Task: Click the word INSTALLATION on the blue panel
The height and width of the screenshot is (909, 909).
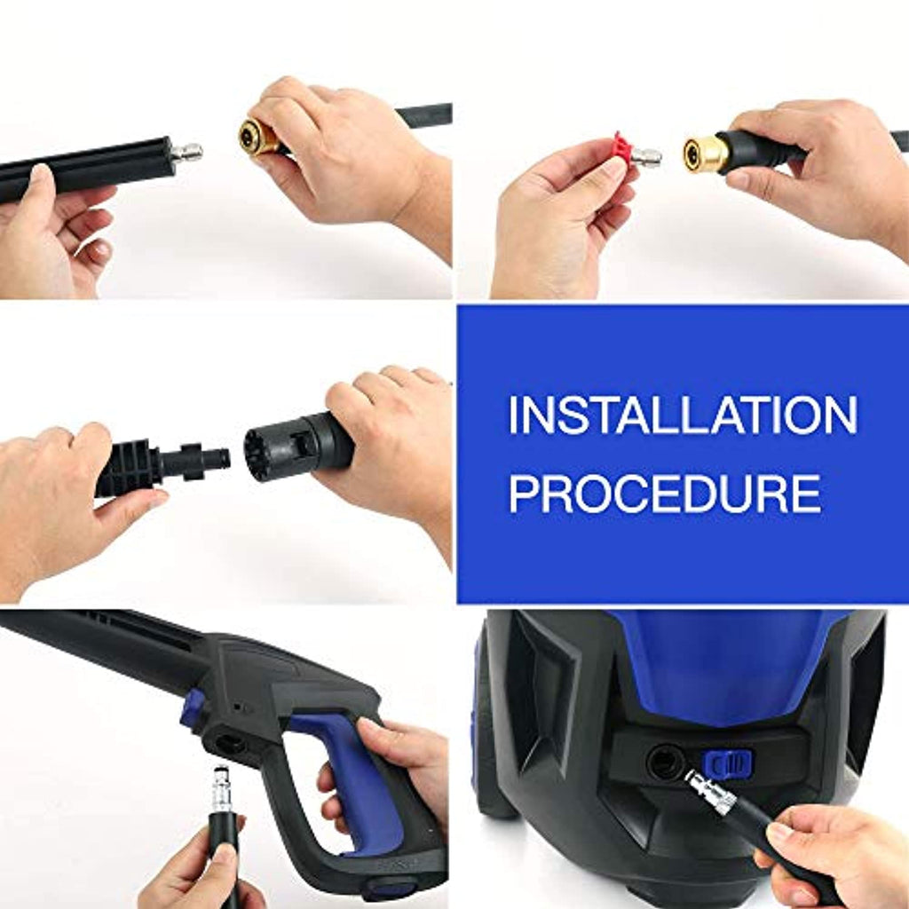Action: tap(683, 415)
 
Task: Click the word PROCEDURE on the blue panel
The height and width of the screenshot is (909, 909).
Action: tap(666, 494)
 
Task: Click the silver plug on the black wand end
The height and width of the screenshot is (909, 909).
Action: tap(186, 154)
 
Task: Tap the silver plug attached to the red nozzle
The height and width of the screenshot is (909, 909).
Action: tap(647, 156)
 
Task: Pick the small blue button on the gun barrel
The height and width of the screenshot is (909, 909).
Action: tap(193, 708)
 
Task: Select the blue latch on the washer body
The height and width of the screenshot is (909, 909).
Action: tap(727, 764)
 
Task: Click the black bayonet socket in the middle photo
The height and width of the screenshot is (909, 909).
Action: tap(298, 446)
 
